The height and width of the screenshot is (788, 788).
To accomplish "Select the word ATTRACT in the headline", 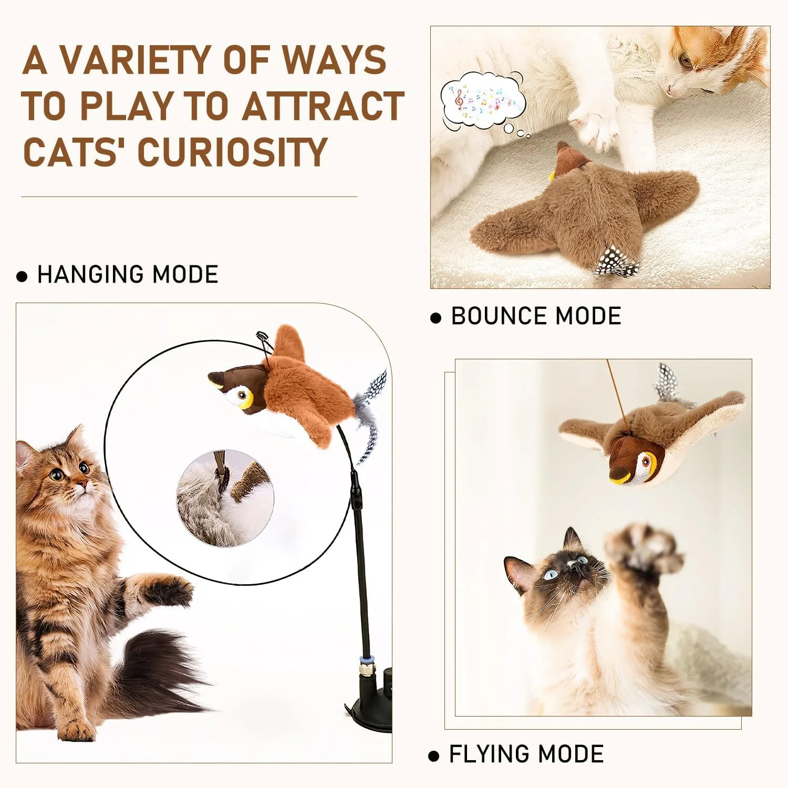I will point(323,106).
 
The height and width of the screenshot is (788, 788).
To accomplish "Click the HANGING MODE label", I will point(128,275).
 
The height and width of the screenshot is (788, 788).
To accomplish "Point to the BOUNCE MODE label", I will point(536,316).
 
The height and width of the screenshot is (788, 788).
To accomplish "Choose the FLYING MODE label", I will point(526,754).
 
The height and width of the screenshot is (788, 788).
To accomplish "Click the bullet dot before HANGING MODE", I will point(22,276).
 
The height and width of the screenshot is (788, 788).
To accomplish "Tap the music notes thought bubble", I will point(482,103).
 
